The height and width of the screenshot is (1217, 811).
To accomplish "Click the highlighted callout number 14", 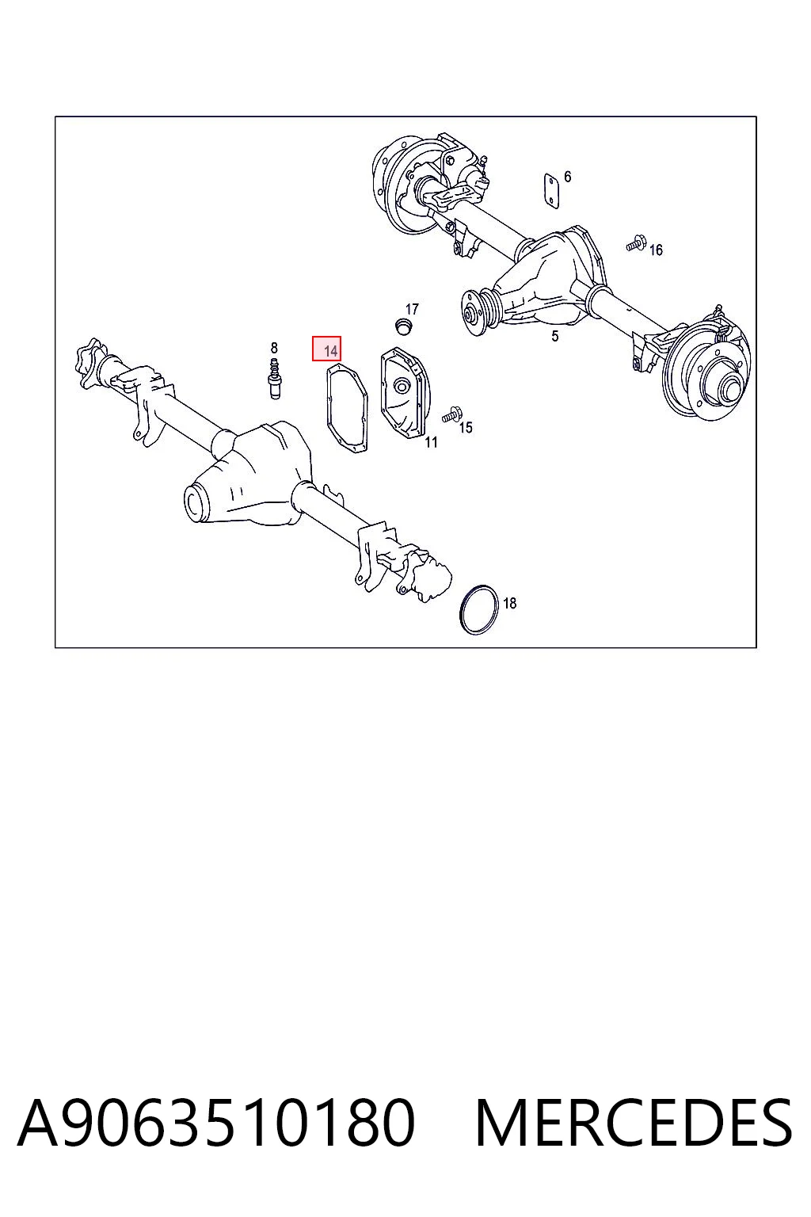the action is (x=330, y=350).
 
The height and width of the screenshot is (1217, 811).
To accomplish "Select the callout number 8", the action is (x=274, y=348).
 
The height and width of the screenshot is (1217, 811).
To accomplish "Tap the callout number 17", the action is (x=413, y=309).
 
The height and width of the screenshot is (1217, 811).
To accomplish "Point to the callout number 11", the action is (x=431, y=442).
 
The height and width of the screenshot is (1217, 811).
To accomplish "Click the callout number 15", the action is (x=466, y=428).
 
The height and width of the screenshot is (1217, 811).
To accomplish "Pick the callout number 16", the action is (x=656, y=250).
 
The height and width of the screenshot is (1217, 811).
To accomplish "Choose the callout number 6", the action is (x=567, y=177).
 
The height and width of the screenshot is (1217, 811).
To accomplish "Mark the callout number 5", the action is (x=554, y=336).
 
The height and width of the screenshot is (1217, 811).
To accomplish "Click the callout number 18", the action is (x=509, y=603).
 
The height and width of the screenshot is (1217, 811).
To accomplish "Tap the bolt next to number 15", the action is (x=451, y=414).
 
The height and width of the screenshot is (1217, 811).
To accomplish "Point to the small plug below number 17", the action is (x=402, y=326).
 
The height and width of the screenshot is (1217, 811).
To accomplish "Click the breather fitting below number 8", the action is (x=276, y=378).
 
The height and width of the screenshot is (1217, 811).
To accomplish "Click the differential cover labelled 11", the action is (x=405, y=393).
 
